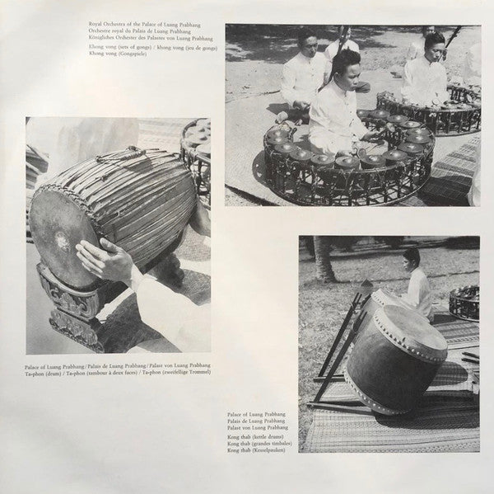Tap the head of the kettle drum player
coord(412,257)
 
